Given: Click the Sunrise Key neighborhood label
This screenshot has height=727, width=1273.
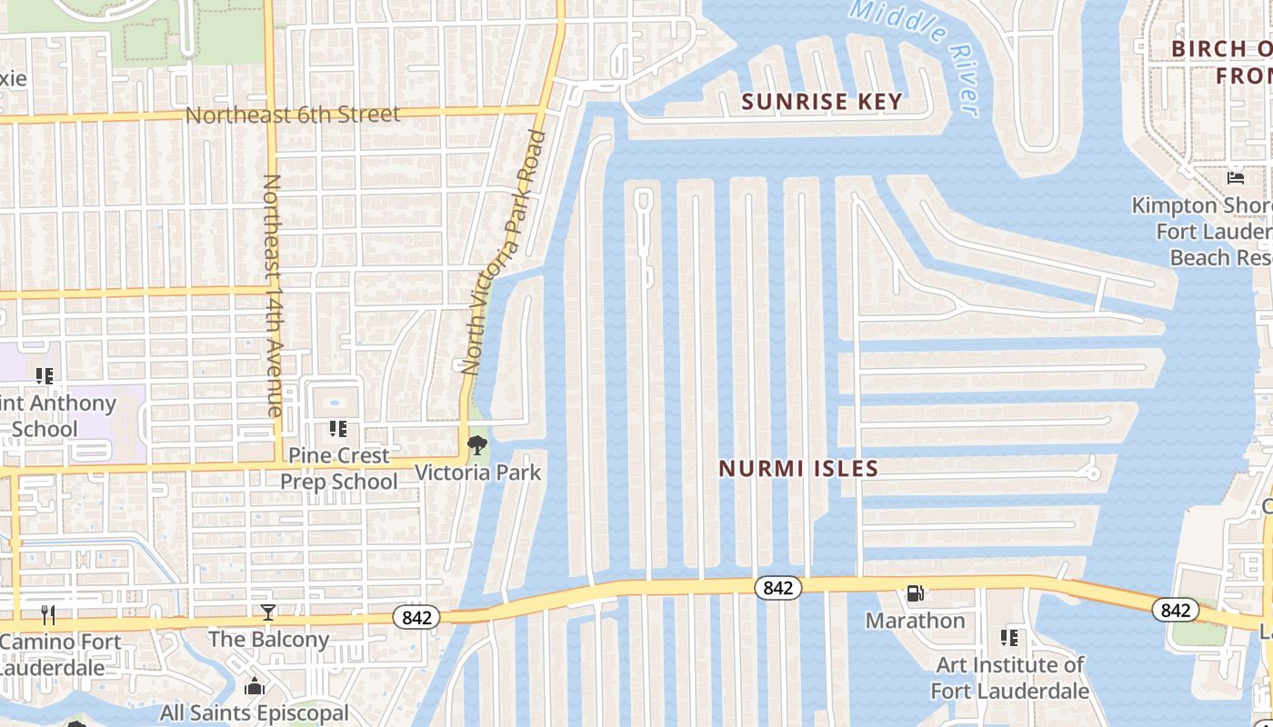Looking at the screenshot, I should (x=822, y=102).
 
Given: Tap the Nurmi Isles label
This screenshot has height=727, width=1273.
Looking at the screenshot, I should (x=798, y=469).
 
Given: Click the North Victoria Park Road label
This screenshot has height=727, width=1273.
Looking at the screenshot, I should (x=504, y=253).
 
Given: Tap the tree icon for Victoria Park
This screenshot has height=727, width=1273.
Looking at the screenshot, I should (x=476, y=445).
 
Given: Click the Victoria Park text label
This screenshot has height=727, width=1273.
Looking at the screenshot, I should (x=477, y=473).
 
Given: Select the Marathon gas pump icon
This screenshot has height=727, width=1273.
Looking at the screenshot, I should (x=915, y=593).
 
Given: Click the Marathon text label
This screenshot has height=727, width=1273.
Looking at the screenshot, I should (x=915, y=621).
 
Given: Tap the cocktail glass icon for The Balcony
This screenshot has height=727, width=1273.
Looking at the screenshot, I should (x=268, y=612).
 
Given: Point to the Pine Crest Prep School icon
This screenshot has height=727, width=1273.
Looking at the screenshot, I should (x=338, y=428).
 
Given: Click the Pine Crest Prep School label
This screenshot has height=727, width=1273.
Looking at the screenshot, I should (x=338, y=468).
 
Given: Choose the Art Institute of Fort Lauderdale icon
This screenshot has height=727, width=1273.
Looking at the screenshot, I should (x=1009, y=638).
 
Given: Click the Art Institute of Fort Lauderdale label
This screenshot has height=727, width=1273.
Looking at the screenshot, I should (x=1009, y=678).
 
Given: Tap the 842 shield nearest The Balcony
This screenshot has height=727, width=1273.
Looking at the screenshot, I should (x=416, y=618).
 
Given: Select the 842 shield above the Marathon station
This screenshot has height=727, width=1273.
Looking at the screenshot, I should (x=777, y=588).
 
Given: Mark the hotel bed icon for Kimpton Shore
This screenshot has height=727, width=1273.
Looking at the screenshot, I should (x=1235, y=177).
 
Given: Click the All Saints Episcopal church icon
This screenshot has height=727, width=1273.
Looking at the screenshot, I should (x=256, y=686).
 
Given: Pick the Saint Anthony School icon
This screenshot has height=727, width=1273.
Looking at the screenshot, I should (x=44, y=375).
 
